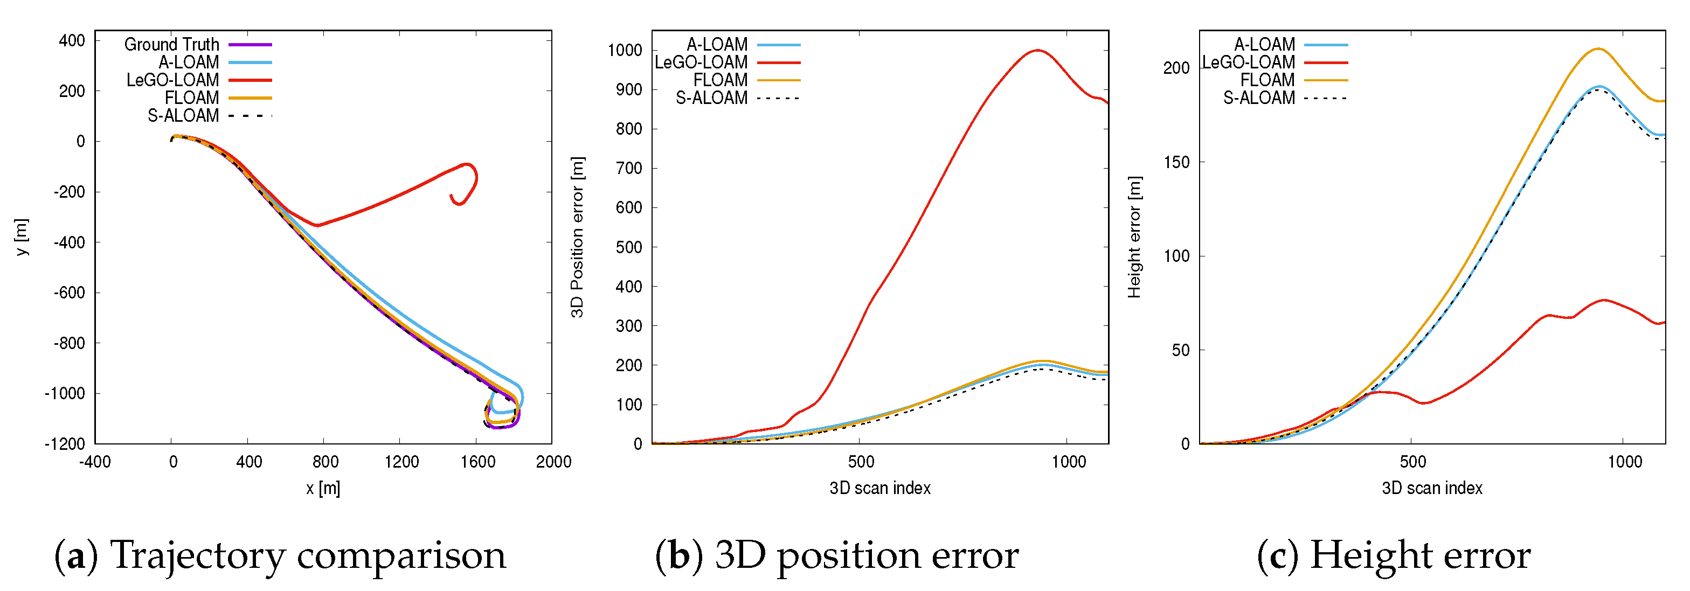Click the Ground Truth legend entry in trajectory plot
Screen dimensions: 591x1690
click(172, 45)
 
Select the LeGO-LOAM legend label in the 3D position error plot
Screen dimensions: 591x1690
click(701, 62)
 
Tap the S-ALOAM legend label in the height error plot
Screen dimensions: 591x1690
click(1258, 98)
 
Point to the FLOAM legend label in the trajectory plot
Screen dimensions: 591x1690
click(191, 98)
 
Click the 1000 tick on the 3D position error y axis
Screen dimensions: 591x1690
click(624, 51)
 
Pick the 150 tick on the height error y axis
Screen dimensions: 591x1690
click(1176, 162)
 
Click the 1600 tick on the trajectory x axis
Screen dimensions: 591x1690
click(477, 462)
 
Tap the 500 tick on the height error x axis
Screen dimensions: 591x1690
click(1412, 462)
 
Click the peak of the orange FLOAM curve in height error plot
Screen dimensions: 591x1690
click(1598, 48)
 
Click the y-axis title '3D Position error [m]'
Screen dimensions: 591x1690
click(577, 237)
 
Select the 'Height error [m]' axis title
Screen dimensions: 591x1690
click(1134, 237)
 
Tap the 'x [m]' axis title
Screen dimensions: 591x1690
click(323, 488)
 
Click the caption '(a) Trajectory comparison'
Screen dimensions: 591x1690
click(280, 555)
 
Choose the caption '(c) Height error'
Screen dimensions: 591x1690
click(1393, 555)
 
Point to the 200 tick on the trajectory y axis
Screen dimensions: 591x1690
click(72, 91)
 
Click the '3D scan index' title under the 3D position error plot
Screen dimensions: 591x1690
click(880, 488)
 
